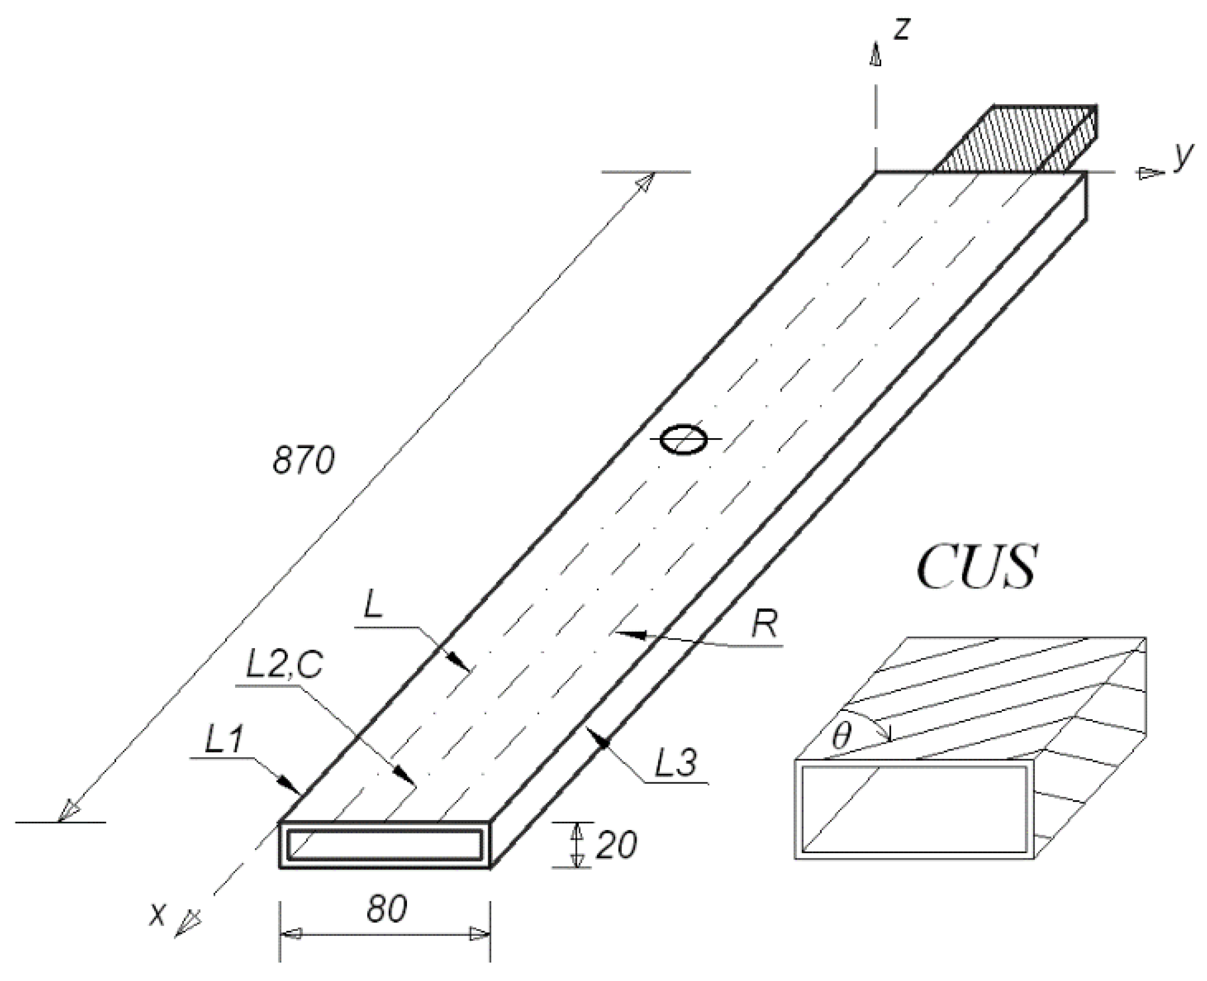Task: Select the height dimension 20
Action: pyautogui.click(x=616, y=846)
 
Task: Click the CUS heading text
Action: pyautogui.click(x=977, y=567)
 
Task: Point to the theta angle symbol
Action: pyautogui.click(x=841, y=736)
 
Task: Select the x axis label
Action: pyautogui.click(x=158, y=914)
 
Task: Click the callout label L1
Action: pyautogui.click(x=224, y=740)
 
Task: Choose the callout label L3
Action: pyautogui.click(x=675, y=762)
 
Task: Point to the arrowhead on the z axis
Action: pyautogui.click(x=876, y=55)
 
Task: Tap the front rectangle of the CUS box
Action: pyautogui.click(x=914, y=809)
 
